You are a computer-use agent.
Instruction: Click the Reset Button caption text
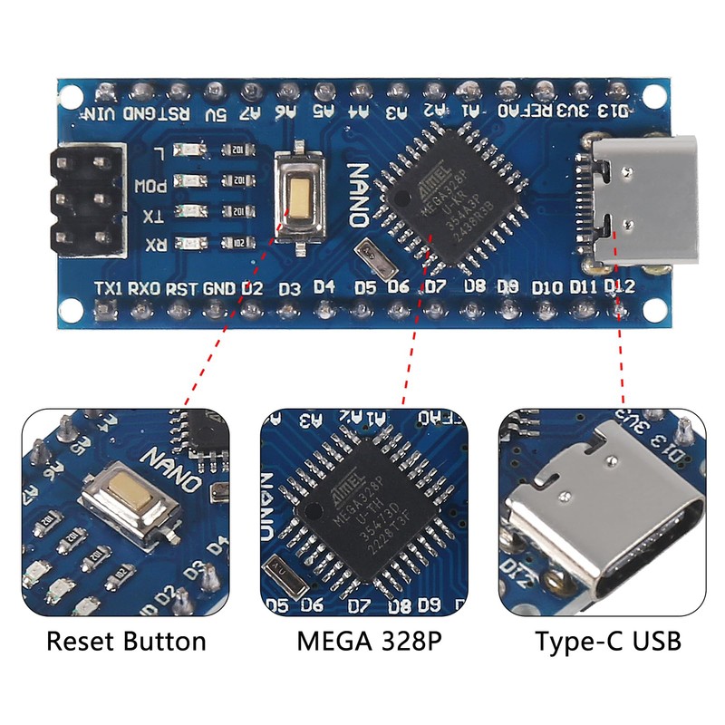click(126, 643)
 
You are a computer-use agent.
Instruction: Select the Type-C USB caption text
click(607, 643)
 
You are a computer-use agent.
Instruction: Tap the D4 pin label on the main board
click(324, 288)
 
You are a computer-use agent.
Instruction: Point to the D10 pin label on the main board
click(546, 288)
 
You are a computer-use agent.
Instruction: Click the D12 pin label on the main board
click(619, 288)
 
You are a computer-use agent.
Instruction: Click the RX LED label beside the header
click(155, 243)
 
